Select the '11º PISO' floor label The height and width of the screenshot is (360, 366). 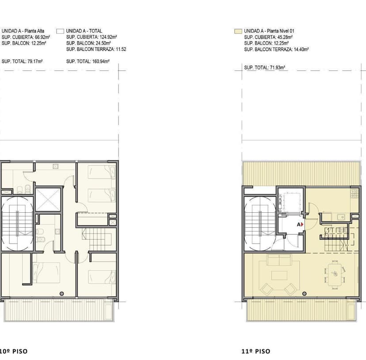coord(256,352)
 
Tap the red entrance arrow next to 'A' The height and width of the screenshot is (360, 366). coord(303,225)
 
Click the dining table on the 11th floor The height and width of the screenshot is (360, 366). coord(334,273)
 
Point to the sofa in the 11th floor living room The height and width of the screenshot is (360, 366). coord(278,260)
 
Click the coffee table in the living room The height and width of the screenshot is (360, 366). coord(278,275)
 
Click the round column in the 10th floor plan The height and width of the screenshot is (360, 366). coord(61,294)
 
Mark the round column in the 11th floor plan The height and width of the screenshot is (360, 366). coord(303,294)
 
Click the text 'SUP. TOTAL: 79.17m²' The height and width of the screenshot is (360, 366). coord(22,61)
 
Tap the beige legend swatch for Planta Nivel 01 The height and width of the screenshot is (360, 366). coord(237,31)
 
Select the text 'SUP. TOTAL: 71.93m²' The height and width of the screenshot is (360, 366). coord(265,68)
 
